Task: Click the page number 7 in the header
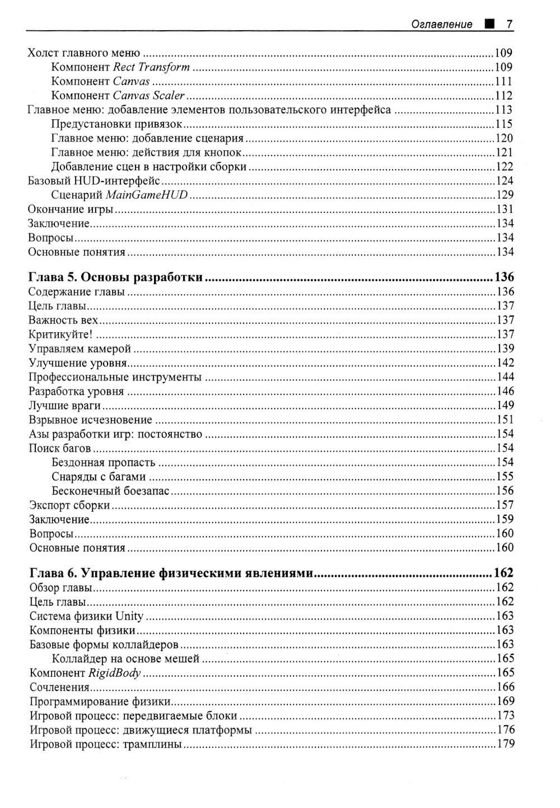point(510,24)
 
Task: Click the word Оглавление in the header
point(442,25)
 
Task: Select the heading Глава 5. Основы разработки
point(115,277)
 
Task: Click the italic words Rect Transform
point(151,67)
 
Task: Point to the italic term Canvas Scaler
point(148,96)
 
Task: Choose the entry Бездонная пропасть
point(103,463)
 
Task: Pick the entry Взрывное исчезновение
point(91,420)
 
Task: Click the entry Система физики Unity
point(86,616)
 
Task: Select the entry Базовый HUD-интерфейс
point(94,181)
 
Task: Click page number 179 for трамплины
point(505,744)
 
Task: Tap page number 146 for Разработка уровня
point(505,392)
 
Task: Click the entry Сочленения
point(59,687)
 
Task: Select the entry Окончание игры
point(71,210)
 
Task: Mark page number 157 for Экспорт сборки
point(505,505)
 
